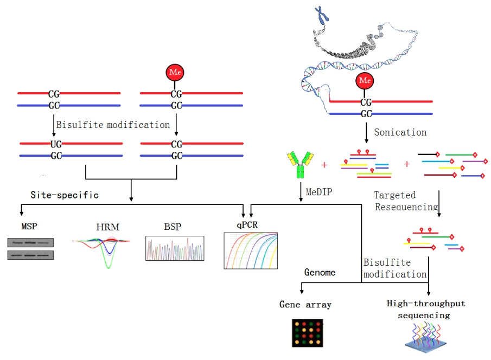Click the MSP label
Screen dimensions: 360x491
click(x=29, y=226)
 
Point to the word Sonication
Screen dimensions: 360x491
click(x=400, y=132)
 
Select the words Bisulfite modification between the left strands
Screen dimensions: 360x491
click(x=113, y=125)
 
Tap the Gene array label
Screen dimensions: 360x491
click(x=305, y=305)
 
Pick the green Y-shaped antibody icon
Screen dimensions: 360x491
click(x=299, y=164)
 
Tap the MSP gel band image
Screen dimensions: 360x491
click(x=31, y=248)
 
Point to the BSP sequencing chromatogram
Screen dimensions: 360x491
click(x=175, y=249)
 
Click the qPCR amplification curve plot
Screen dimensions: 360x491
click(x=251, y=250)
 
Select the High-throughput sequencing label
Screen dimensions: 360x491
click(x=426, y=309)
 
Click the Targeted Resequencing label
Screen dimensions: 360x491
click(x=405, y=201)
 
